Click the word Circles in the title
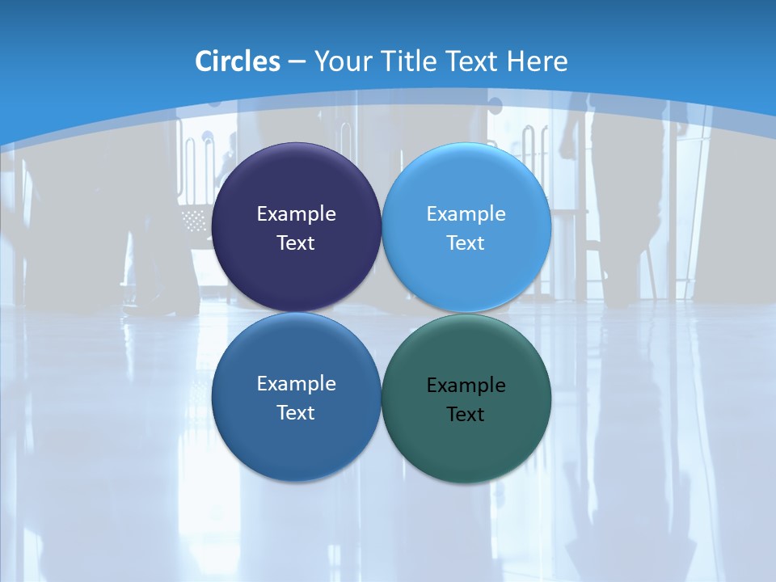click(x=238, y=61)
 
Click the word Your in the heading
click(x=341, y=61)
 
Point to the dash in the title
click(x=297, y=62)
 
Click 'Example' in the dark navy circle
click(x=296, y=214)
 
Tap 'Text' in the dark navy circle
click(x=296, y=242)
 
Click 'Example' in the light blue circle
click(x=466, y=214)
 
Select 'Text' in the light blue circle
click(x=466, y=242)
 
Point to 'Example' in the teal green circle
click(x=466, y=386)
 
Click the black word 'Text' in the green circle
click(x=466, y=414)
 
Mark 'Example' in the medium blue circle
click(x=296, y=384)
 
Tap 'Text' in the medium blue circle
click(x=296, y=412)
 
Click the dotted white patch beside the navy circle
click(x=195, y=219)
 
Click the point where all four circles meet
click(x=381, y=312)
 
